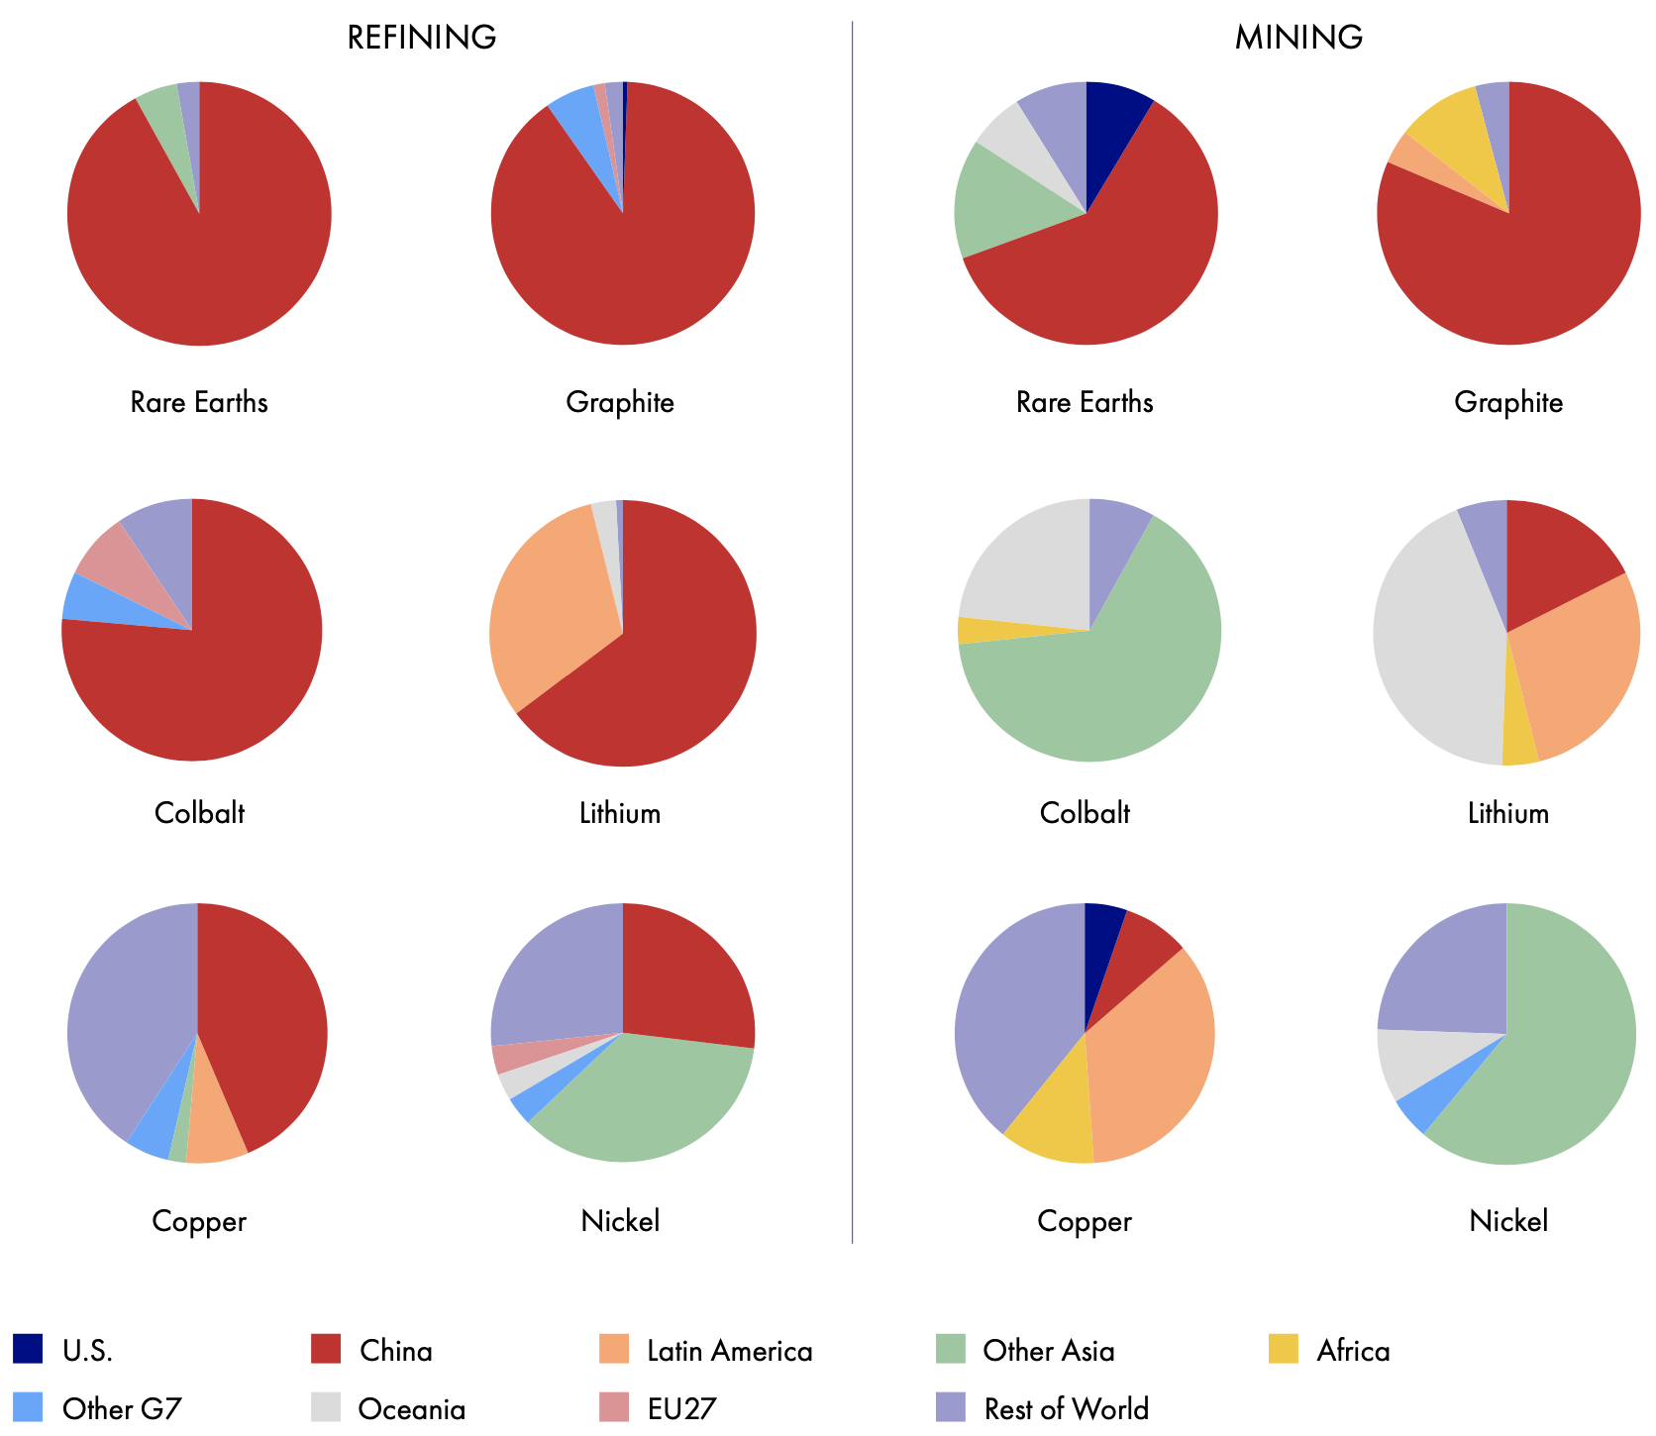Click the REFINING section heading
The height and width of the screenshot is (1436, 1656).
(421, 38)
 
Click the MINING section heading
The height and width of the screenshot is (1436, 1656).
(1298, 38)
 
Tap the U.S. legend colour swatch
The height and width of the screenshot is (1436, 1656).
(28, 1349)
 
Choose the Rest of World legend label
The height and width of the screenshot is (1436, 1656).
(1066, 1408)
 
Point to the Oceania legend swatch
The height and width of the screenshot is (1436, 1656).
(326, 1407)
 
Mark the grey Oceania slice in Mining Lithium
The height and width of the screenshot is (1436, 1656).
(1436, 644)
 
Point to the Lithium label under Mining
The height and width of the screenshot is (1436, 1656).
(1507, 814)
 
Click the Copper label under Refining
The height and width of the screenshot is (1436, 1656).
(199, 1222)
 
